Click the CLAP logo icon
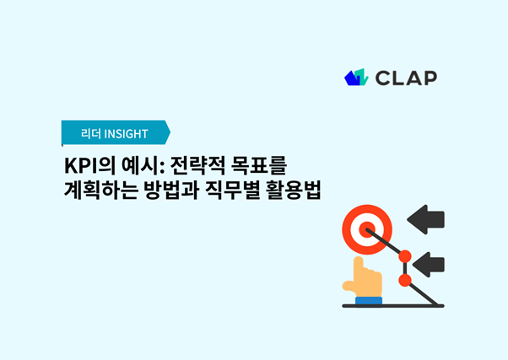[x=357, y=78]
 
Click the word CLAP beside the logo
[x=408, y=78]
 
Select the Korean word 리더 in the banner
[x=91, y=133]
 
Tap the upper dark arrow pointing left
[x=426, y=222]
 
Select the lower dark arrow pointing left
[x=430, y=263]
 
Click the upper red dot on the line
[x=404, y=255]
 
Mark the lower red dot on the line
[x=404, y=279]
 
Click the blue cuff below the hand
[x=369, y=298]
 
